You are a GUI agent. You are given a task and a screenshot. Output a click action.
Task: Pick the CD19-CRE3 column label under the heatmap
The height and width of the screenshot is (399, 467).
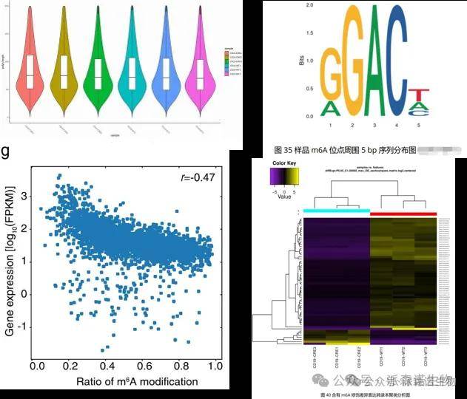pyautogui.click(x=315, y=361)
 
